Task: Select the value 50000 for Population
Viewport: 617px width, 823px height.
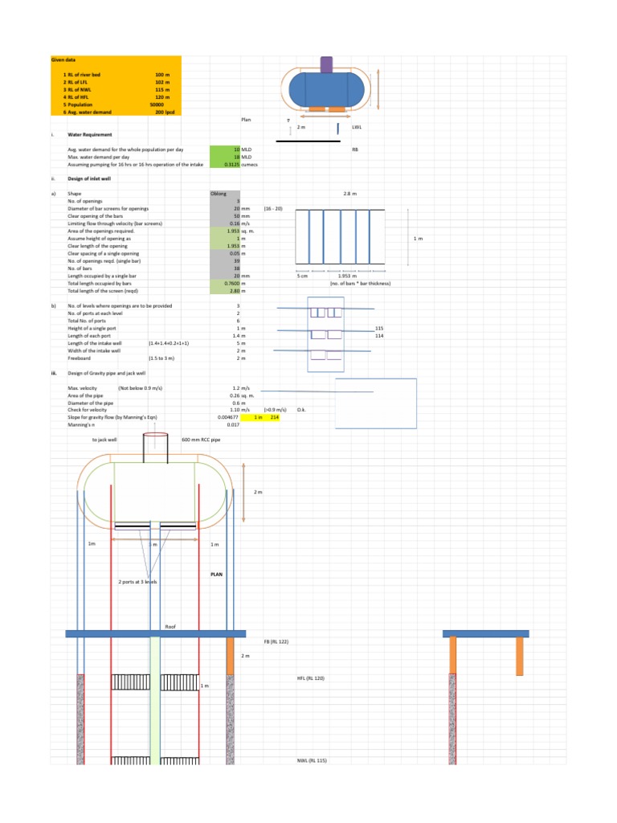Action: (x=157, y=104)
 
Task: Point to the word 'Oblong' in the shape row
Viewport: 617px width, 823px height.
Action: (x=219, y=194)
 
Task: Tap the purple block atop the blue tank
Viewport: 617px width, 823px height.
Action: (x=327, y=64)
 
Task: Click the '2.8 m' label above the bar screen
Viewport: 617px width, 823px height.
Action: (x=350, y=194)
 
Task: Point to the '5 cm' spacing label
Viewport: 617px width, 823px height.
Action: (x=303, y=276)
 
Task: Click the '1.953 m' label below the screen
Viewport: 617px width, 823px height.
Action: (x=347, y=276)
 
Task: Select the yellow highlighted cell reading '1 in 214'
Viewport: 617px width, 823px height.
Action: (x=266, y=418)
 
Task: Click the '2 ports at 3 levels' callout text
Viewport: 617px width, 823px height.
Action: (x=137, y=581)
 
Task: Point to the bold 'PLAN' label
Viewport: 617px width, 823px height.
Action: (x=217, y=575)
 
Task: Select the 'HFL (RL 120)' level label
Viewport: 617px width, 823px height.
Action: (x=311, y=678)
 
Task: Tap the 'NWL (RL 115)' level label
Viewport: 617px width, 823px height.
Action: (x=312, y=760)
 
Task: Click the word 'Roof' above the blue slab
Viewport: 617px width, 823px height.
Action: (x=170, y=625)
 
